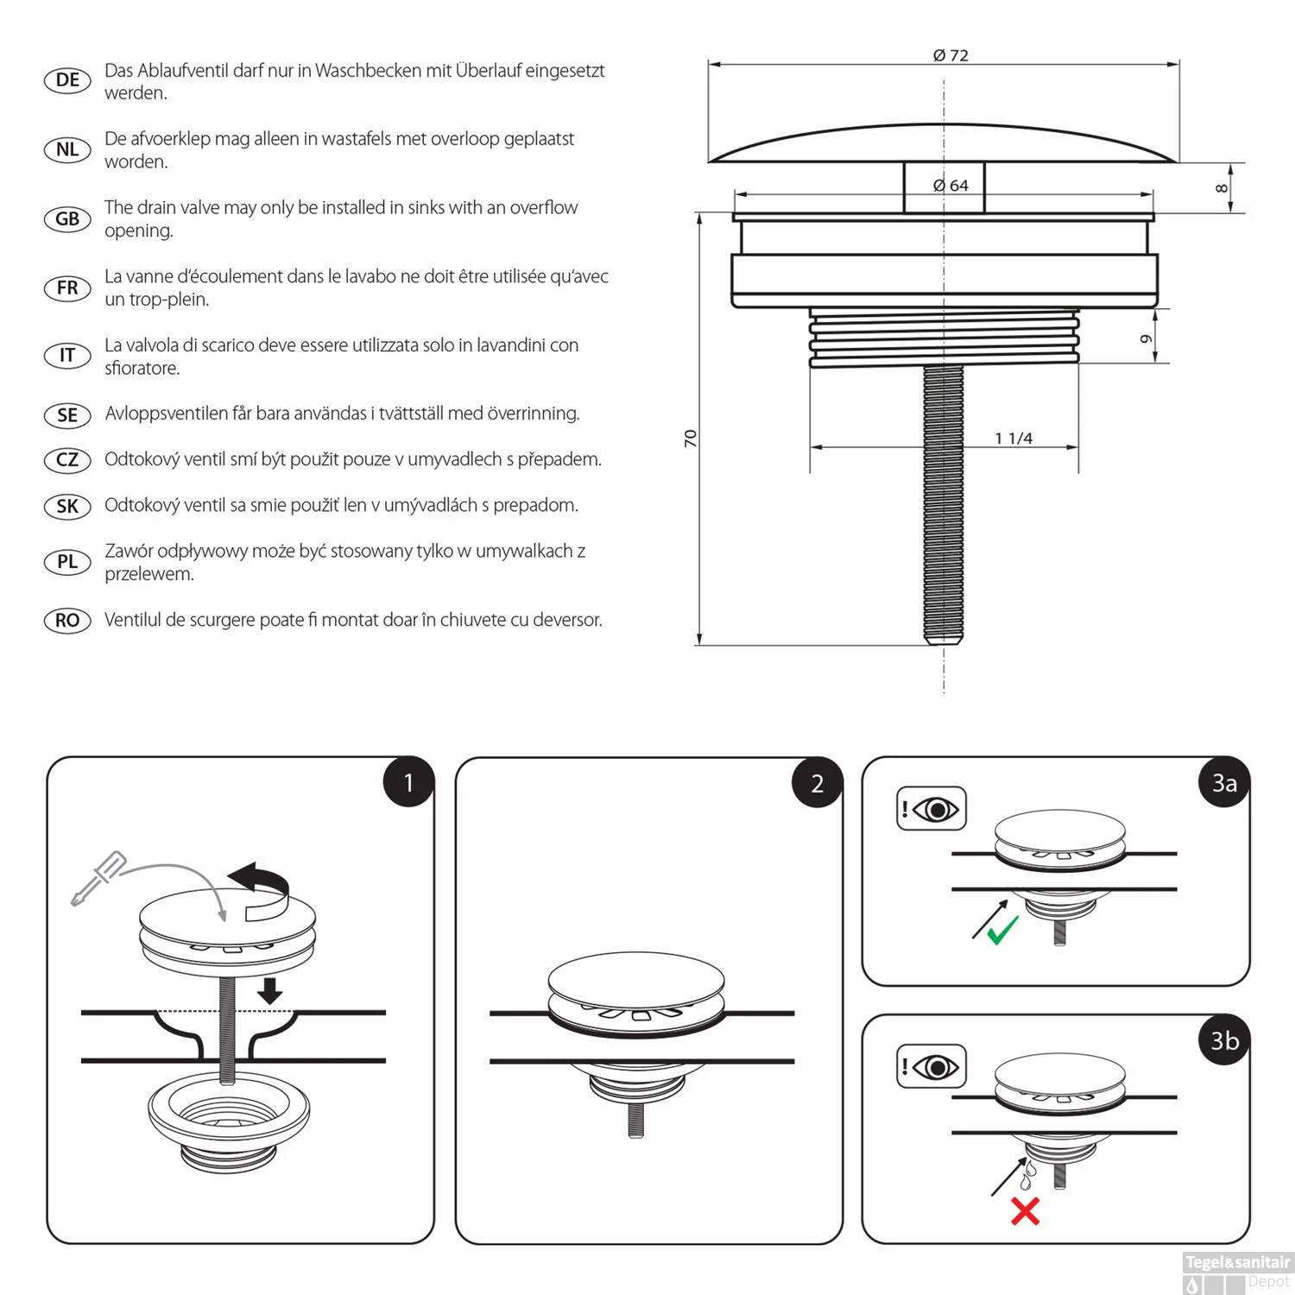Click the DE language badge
point(67,80)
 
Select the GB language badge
point(67,218)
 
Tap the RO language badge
point(67,620)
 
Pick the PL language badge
point(67,562)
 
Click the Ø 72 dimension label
point(951,55)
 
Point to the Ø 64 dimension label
point(951,186)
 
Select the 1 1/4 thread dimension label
point(1014,439)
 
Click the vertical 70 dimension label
point(691,438)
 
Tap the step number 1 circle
point(408,783)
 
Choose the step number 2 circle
point(817,783)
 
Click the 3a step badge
point(1224,783)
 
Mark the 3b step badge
point(1224,1040)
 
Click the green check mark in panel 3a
point(1002,930)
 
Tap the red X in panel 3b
point(1025,1210)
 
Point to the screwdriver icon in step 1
point(98,878)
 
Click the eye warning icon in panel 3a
point(932,809)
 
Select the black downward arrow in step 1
point(270,990)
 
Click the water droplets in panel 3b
point(1027,1176)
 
